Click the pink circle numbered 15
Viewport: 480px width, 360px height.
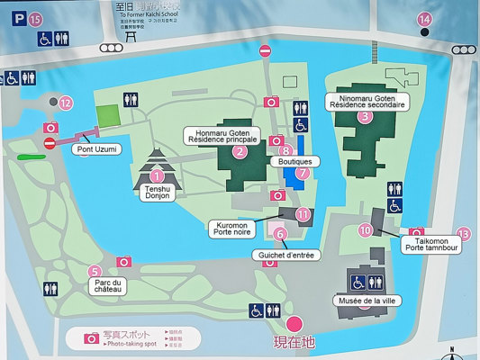click(x=34, y=18)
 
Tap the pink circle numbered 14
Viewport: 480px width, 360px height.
click(x=424, y=19)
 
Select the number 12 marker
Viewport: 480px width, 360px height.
click(x=65, y=103)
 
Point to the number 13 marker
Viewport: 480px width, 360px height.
click(x=463, y=234)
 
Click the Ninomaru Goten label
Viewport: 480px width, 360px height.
click(x=372, y=100)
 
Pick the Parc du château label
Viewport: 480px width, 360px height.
click(x=108, y=287)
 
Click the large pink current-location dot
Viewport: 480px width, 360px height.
click(x=294, y=325)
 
